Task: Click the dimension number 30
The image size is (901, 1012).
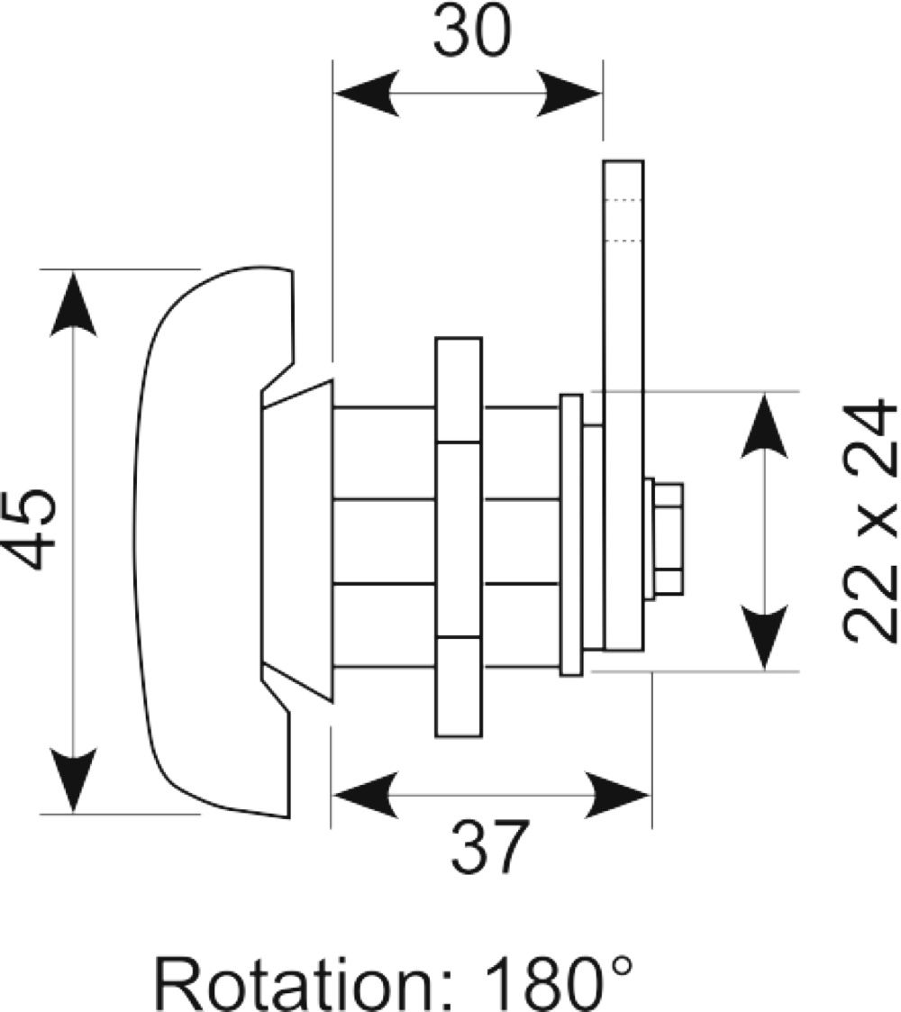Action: point(472,31)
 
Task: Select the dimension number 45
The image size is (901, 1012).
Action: point(29,529)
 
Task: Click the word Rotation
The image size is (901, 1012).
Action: point(295,987)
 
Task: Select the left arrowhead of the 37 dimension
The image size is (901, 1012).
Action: point(365,795)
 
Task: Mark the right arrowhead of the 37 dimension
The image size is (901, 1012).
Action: point(617,795)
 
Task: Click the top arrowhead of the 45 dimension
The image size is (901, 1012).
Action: point(73,304)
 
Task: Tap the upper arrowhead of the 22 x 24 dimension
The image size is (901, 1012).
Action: point(765,426)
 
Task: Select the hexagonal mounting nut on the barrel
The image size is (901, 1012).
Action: point(459,537)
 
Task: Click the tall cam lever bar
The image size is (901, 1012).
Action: point(623,405)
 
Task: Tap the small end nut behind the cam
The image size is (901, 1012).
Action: point(668,538)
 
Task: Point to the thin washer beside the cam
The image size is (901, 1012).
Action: point(571,535)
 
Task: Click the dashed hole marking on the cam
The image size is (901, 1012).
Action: point(623,221)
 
